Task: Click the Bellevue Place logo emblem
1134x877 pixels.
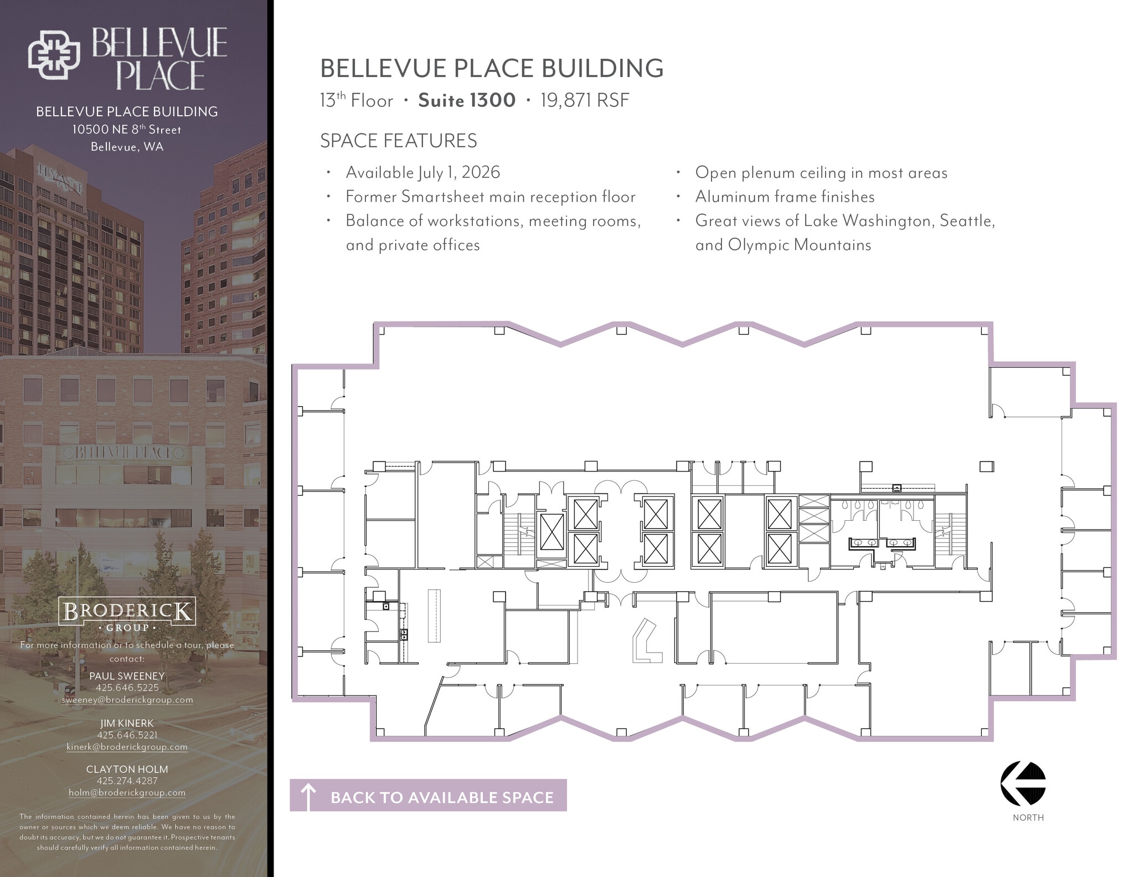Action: pyautogui.click(x=54, y=54)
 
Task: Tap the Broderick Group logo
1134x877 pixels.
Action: pyautogui.click(x=127, y=614)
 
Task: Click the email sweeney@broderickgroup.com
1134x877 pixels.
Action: pyautogui.click(x=127, y=700)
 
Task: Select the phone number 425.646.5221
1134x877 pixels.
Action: pyautogui.click(x=127, y=735)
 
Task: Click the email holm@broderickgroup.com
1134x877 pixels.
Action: pyautogui.click(x=127, y=793)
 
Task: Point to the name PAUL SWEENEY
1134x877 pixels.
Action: pyautogui.click(x=127, y=676)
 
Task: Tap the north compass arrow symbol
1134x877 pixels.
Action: pyautogui.click(x=1023, y=783)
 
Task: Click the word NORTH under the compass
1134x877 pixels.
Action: pyautogui.click(x=1028, y=818)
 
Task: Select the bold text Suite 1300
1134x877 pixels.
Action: pyautogui.click(x=467, y=100)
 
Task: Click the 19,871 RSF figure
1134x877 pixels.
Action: pyautogui.click(x=585, y=100)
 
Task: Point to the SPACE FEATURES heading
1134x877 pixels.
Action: pyautogui.click(x=398, y=141)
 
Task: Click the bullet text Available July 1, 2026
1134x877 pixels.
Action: pyautogui.click(x=422, y=172)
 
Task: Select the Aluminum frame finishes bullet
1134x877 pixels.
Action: pyautogui.click(x=785, y=197)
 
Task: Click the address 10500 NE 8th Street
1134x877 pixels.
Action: pyautogui.click(x=127, y=130)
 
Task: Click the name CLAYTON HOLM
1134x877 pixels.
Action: pyautogui.click(x=127, y=769)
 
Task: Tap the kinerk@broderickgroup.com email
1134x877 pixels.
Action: pyautogui.click(x=127, y=747)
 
